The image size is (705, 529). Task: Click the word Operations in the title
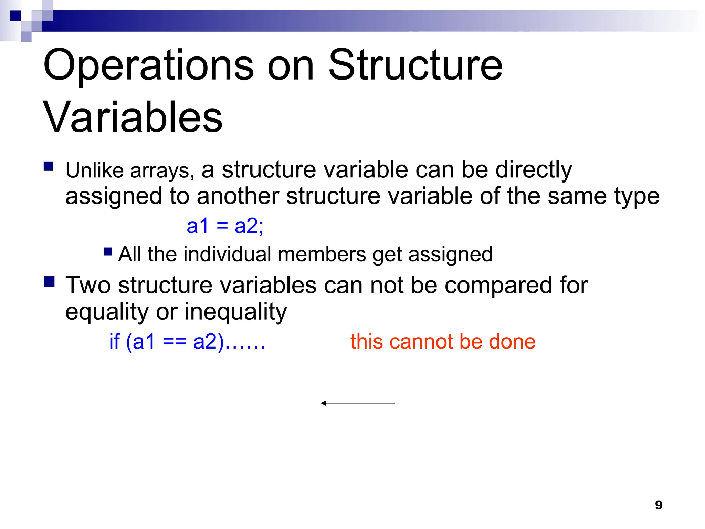point(148,65)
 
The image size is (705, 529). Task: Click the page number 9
point(659,505)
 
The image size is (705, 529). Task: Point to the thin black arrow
point(358,403)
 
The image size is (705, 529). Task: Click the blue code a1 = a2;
point(225,226)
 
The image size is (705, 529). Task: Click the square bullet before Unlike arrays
point(49,167)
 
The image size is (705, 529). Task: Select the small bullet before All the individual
point(108,252)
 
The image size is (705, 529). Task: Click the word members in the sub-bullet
point(322,255)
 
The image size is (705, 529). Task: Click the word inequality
point(235,312)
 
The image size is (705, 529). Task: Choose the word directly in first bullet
point(534,170)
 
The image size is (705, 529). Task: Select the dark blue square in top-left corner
point(15,16)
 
